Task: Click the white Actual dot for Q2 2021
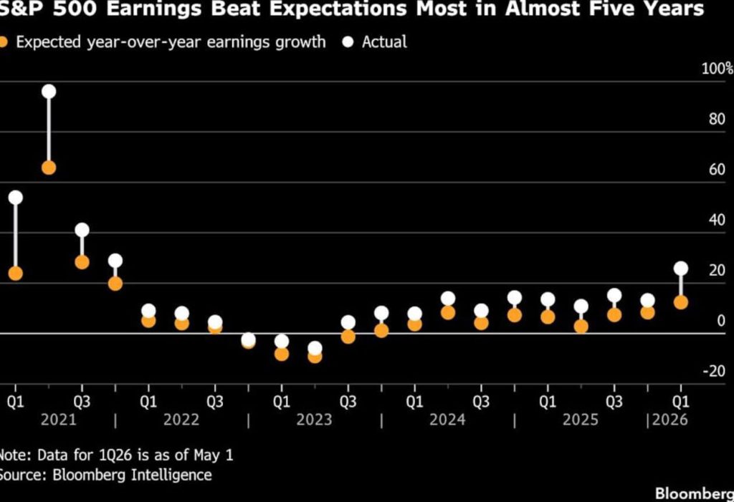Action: tap(49, 92)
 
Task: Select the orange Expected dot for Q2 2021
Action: tap(49, 168)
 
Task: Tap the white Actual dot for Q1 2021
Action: tap(16, 198)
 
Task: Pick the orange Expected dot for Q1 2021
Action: tap(16, 274)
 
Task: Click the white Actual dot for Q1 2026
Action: tap(681, 269)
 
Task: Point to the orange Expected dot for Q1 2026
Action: tap(681, 302)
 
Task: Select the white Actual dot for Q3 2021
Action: tap(82, 230)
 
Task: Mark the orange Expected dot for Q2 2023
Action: tap(315, 357)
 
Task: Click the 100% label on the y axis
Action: tap(717, 68)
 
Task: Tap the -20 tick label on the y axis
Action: tap(714, 371)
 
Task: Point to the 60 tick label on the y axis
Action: tap(717, 169)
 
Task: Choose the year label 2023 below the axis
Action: tap(314, 419)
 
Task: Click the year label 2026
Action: tap(670, 419)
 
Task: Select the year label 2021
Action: tap(59, 419)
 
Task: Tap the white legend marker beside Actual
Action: tap(348, 42)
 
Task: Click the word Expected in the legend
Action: tap(49, 42)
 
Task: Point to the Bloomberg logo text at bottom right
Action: tap(694, 493)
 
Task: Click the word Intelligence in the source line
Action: tap(171, 475)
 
